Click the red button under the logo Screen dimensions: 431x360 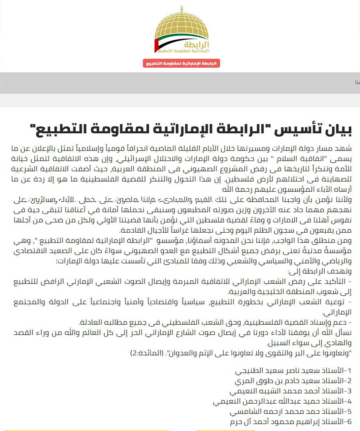point(181,63)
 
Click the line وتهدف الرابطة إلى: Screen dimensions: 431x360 point(319,271)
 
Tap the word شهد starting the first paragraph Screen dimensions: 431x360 point(344,149)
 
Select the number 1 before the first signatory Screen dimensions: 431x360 point(349,371)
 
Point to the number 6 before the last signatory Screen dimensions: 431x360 point(349,422)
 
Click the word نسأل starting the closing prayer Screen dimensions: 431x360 point(344,333)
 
